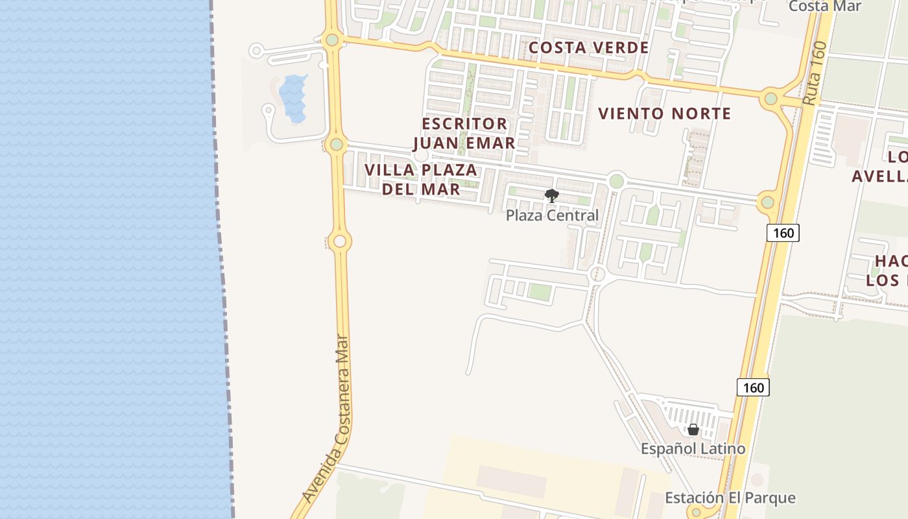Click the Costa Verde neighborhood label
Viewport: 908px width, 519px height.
coord(588,47)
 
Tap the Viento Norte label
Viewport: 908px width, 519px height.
coord(664,114)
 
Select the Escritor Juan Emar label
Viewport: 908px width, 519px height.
coord(464,133)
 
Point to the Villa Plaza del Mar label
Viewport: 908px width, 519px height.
coord(421,179)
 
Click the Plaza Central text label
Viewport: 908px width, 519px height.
coord(552,215)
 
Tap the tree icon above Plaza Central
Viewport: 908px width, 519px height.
coord(551,195)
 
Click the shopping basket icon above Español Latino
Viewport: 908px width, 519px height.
coord(693,429)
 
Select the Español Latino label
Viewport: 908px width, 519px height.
coord(693,448)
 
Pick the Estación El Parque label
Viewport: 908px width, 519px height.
coord(730,498)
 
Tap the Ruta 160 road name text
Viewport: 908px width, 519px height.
coord(815,73)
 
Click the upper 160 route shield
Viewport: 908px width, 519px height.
coord(783,232)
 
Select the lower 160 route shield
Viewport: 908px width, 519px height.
coord(753,387)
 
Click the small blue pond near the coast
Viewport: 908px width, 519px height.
coord(294,97)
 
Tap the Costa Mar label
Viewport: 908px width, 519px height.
coord(824,6)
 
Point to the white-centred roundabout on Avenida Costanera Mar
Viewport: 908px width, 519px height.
coord(339,242)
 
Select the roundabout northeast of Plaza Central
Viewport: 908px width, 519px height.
coord(616,180)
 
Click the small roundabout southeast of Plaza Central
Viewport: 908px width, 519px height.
coord(598,274)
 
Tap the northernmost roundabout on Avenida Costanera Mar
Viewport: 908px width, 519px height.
coord(332,40)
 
